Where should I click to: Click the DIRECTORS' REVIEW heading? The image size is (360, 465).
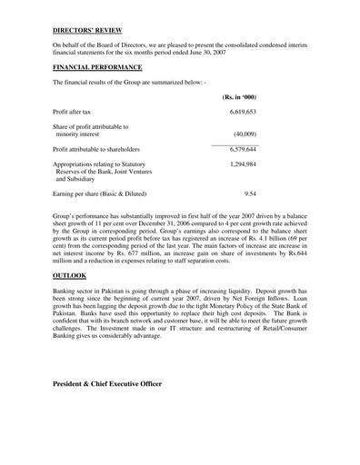pyautogui.click(x=88, y=29)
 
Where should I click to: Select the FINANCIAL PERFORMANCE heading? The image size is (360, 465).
pyautogui.click(x=97, y=67)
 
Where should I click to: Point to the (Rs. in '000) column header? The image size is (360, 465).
pyautogui.click(x=238, y=96)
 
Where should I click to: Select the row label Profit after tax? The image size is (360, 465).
pyautogui.click(x=75, y=111)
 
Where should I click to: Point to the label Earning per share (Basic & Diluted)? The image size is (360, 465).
pyautogui.click(x=99, y=193)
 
